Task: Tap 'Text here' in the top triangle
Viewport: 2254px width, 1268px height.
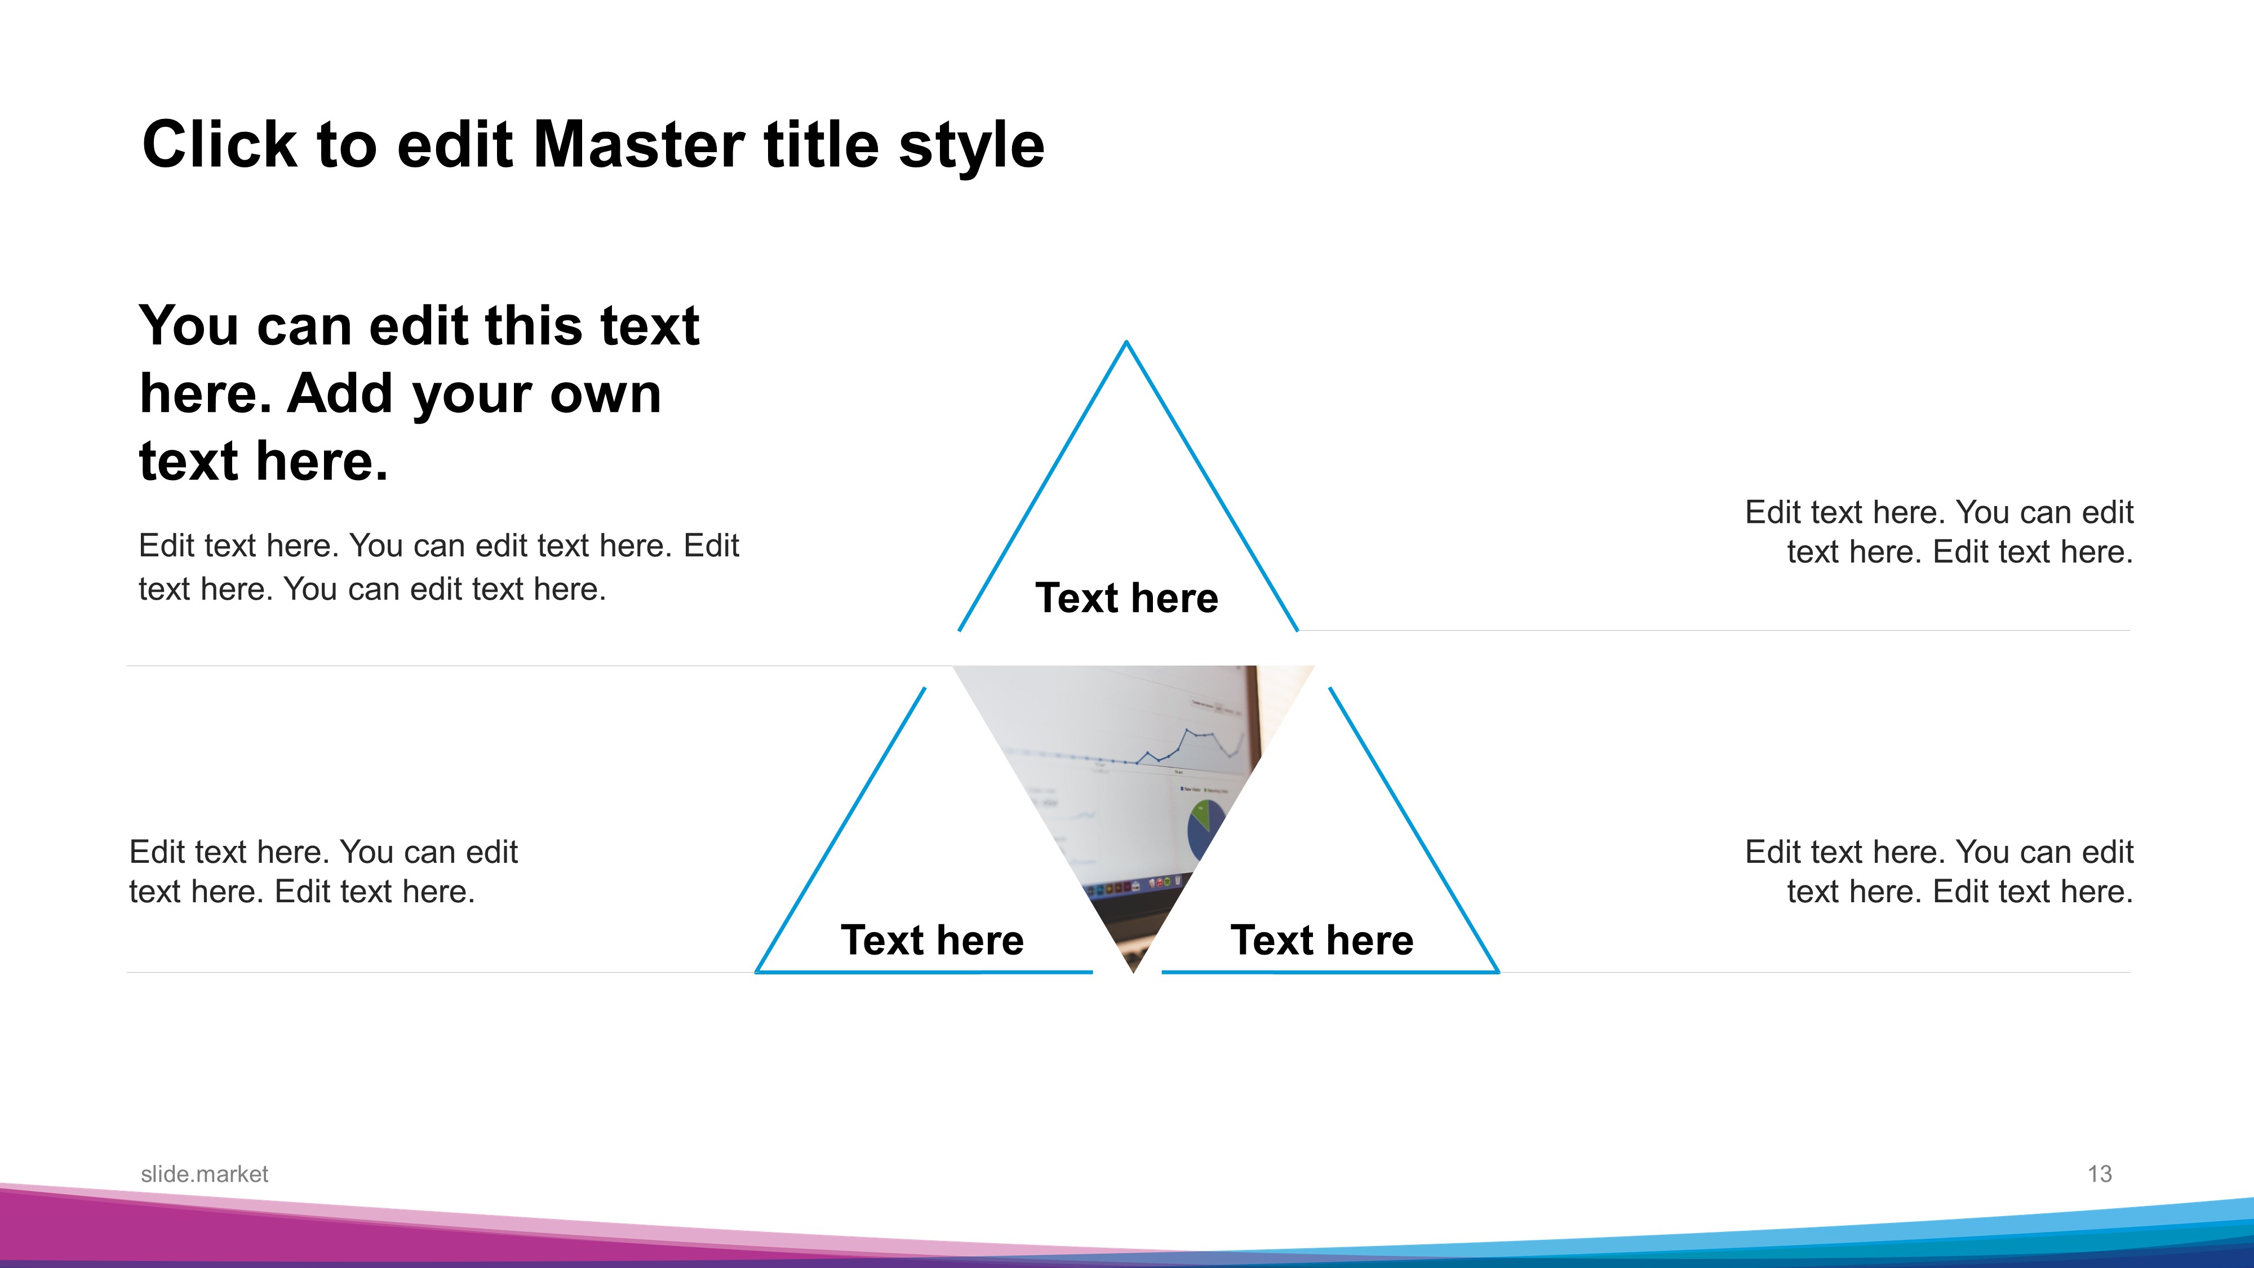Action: [x=1127, y=598]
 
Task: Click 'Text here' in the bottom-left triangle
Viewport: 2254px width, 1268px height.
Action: [x=932, y=940]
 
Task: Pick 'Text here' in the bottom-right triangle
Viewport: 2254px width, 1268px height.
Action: [x=1322, y=940]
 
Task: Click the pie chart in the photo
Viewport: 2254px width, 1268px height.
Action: [x=1205, y=827]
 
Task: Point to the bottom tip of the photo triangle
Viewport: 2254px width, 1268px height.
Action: [x=1133, y=972]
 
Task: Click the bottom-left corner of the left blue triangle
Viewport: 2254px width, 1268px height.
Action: [x=757, y=972]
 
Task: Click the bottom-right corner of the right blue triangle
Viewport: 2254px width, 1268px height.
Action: [x=1498, y=972]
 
